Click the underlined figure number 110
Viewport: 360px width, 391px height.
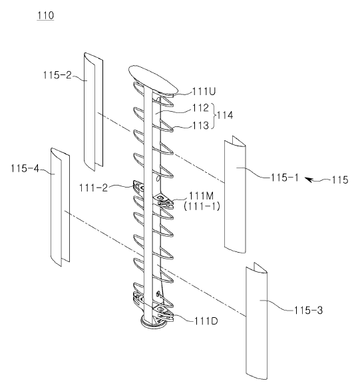coord(45,15)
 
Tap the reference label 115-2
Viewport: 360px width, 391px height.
coord(57,74)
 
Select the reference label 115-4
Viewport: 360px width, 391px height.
coord(25,169)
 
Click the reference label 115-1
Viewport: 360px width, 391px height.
coord(285,178)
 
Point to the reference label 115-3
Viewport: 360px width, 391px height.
coord(308,311)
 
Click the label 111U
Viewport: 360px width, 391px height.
coord(204,92)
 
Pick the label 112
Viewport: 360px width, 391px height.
coord(200,108)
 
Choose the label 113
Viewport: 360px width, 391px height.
coord(200,126)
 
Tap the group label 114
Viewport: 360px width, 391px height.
coord(225,116)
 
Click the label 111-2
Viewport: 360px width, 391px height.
coord(94,188)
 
